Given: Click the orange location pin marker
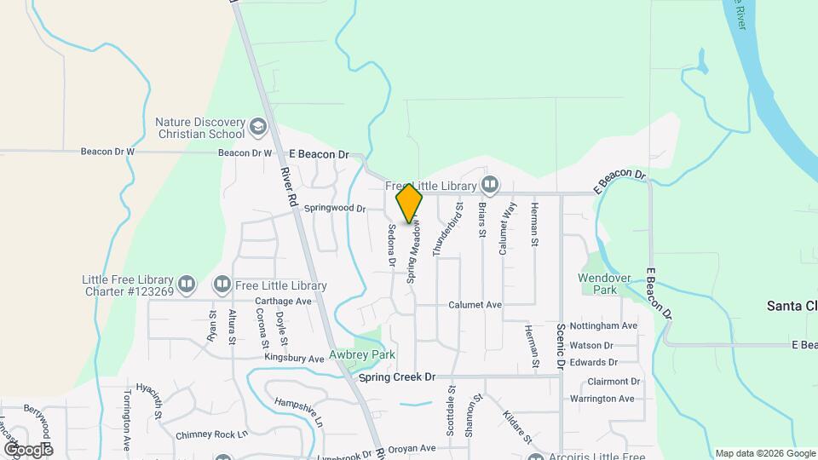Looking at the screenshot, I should (x=409, y=204).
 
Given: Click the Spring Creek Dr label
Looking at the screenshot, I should (x=397, y=377).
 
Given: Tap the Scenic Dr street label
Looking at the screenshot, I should (x=562, y=346).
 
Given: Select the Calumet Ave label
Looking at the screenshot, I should (x=475, y=304).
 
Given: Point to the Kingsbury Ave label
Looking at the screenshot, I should (x=293, y=359).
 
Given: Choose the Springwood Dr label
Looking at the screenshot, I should (x=335, y=208).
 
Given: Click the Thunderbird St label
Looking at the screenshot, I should (x=437, y=230).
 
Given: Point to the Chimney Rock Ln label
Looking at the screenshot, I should (x=211, y=434).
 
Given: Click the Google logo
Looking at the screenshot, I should (x=27, y=449).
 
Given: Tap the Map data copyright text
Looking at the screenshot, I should (x=764, y=453).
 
